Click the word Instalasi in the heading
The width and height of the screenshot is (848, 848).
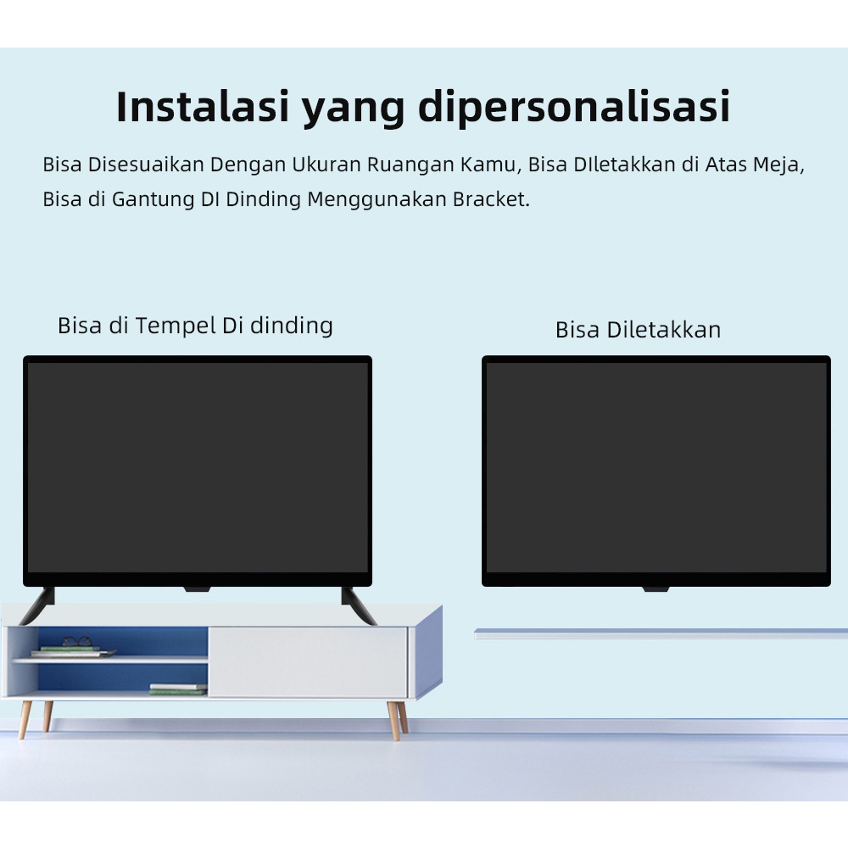pyautogui.click(x=201, y=108)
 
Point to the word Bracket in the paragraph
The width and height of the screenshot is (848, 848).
pyautogui.click(x=490, y=200)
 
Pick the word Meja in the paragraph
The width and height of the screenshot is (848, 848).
pyautogui.click(x=777, y=165)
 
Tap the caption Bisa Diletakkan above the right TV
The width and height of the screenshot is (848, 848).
pyautogui.click(x=638, y=330)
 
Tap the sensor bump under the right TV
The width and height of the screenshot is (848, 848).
pyautogui.click(x=656, y=589)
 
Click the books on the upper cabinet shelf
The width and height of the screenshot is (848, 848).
pyautogui.click(x=72, y=651)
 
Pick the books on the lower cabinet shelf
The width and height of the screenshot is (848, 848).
pyautogui.click(x=178, y=689)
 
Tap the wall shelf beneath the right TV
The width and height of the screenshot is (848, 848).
pyautogui.click(x=660, y=633)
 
